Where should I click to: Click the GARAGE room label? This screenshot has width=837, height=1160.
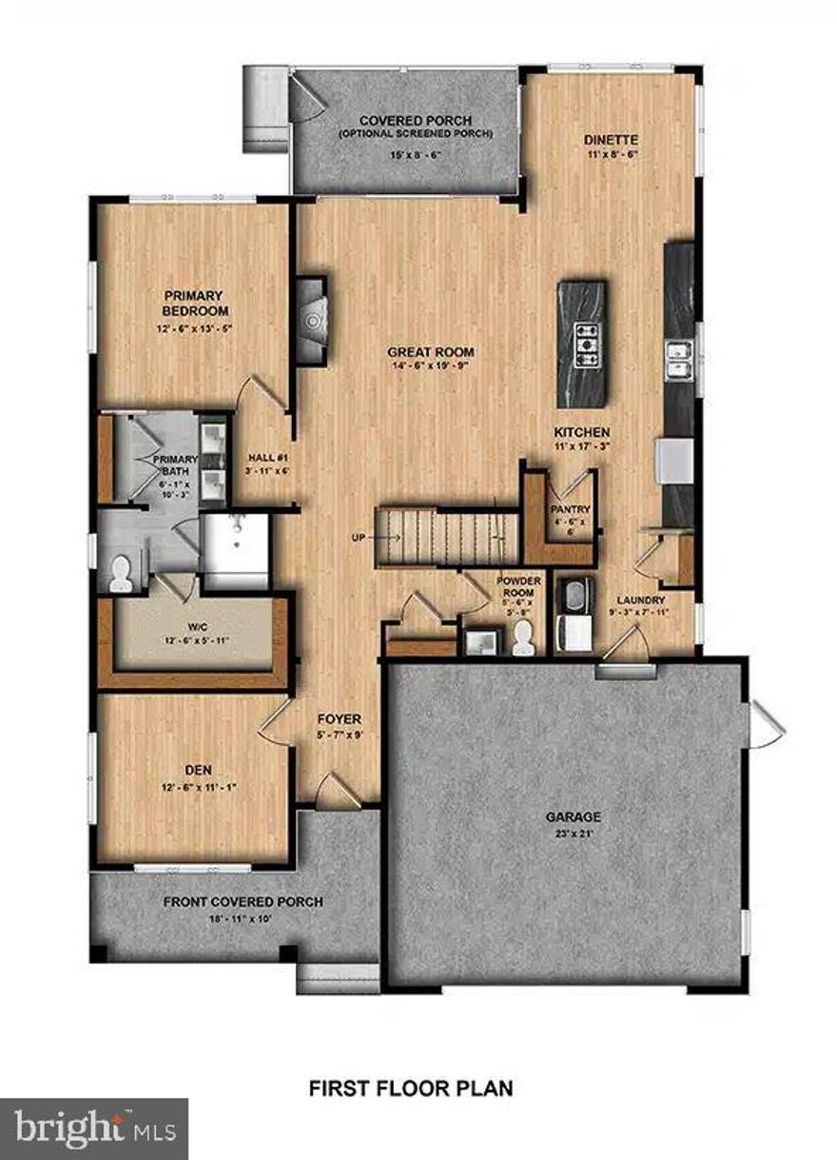573,816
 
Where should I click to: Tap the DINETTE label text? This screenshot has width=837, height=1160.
609,139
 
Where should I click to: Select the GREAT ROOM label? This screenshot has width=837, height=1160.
431,352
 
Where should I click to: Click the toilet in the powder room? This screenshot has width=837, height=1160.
522,644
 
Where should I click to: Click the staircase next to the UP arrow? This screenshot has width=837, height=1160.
447,537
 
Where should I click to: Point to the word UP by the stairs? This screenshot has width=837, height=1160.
359,538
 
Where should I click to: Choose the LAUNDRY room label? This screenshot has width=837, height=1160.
640,600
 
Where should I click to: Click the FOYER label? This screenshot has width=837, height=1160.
340,719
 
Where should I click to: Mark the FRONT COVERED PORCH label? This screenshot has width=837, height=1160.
243,902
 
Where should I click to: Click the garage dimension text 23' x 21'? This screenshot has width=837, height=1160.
573,835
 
